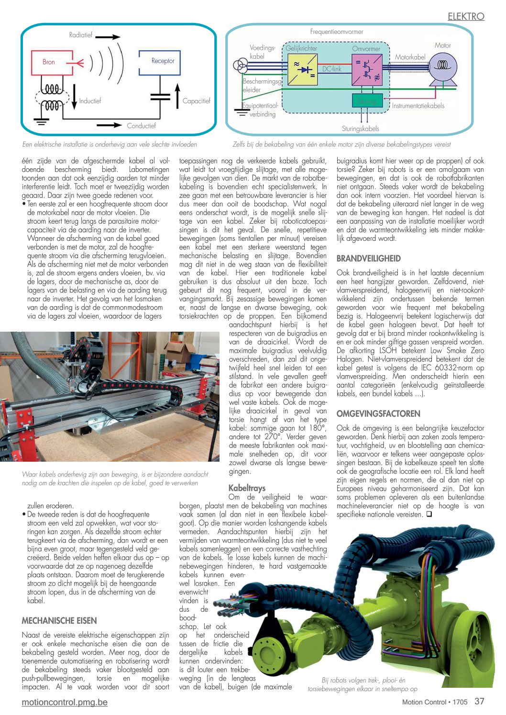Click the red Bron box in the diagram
click(49, 62)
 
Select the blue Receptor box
click(160, 61)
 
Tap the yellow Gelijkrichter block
click(302, 69)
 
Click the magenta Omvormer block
click(366, 69)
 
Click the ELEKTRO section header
click(466, 16)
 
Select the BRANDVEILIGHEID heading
click(369, 259)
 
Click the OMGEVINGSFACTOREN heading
click(378, 414)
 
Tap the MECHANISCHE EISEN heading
click(59, 621)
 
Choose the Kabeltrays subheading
click(247, 488)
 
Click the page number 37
click(479, 701)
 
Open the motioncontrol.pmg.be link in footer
click(65, 702)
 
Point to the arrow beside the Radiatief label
click(110, 36)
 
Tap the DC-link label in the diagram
click(331, 69)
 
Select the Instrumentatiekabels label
click(418, 106)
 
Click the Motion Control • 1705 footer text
click(434, 702)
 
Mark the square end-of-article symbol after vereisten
click(429, 515)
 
